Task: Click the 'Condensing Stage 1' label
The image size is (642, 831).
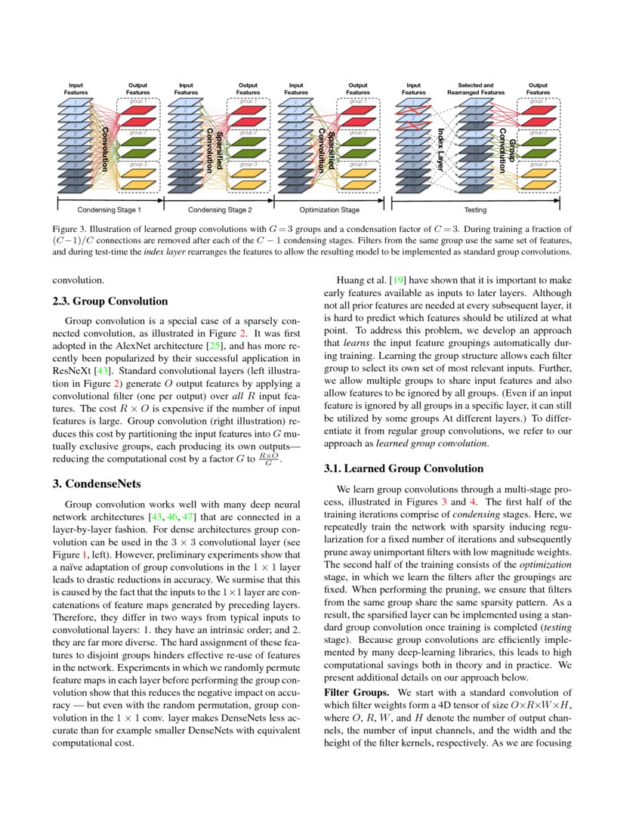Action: click(x=110, y=209)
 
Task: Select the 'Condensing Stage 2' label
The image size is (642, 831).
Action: click(x=219, y=209)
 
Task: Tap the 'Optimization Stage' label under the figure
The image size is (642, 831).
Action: click(x=329, y=209)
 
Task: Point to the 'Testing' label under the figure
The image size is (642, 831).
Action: click(x=475, y=209)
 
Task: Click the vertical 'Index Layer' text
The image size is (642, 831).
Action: click(x=442, y=145)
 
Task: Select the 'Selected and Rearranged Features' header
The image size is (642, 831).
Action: click(x=476, y=88)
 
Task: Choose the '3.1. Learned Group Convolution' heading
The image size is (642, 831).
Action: click(x=403, y=468)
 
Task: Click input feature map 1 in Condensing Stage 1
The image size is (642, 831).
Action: click(x=76, y=102)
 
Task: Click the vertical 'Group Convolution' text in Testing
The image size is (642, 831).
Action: click(x=508, y=145)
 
